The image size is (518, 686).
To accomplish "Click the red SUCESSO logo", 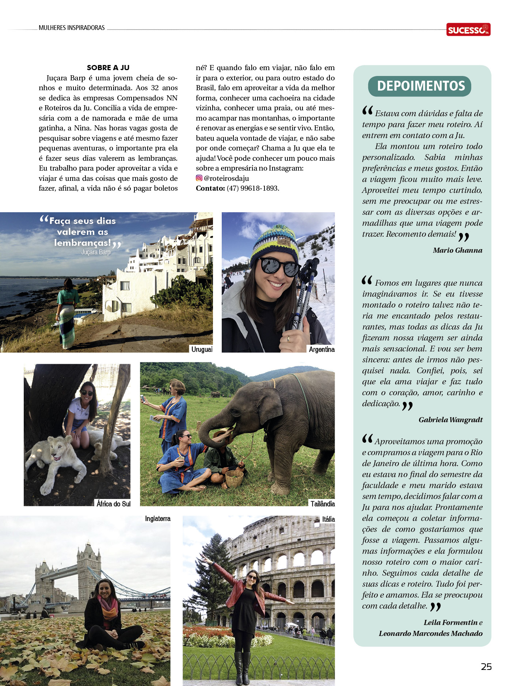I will point(468,30).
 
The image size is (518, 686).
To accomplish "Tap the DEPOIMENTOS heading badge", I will point(420,86).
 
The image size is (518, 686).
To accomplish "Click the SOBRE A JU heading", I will point(108,68).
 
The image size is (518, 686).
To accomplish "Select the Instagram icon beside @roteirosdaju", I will point(199,178).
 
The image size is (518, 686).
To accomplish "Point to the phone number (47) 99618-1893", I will point(253,188).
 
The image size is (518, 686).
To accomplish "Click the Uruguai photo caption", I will point(202,349).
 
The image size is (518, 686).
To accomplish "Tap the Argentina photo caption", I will point(321,349).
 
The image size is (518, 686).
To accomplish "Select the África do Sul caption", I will point(113,504).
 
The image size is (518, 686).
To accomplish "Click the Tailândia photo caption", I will point(323,504).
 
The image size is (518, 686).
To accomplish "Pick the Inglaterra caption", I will point(157,519).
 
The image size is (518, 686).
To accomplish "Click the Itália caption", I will point(328,519).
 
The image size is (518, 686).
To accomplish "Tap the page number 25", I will point(486,667).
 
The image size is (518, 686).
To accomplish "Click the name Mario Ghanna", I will point(457,250).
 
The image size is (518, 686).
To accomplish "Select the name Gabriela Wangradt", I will point(450,420).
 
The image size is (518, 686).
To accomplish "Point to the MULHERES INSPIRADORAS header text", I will point(72,28).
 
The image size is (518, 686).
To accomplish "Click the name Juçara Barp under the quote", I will point(96,252).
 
